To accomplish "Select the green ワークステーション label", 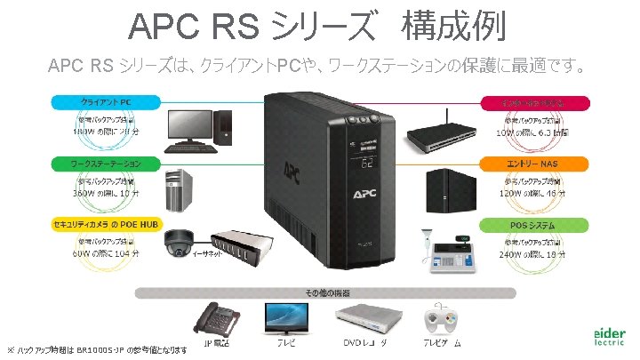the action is click(106, 164).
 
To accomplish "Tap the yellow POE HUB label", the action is click(106, 224).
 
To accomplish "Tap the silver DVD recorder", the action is click(365, 316).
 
